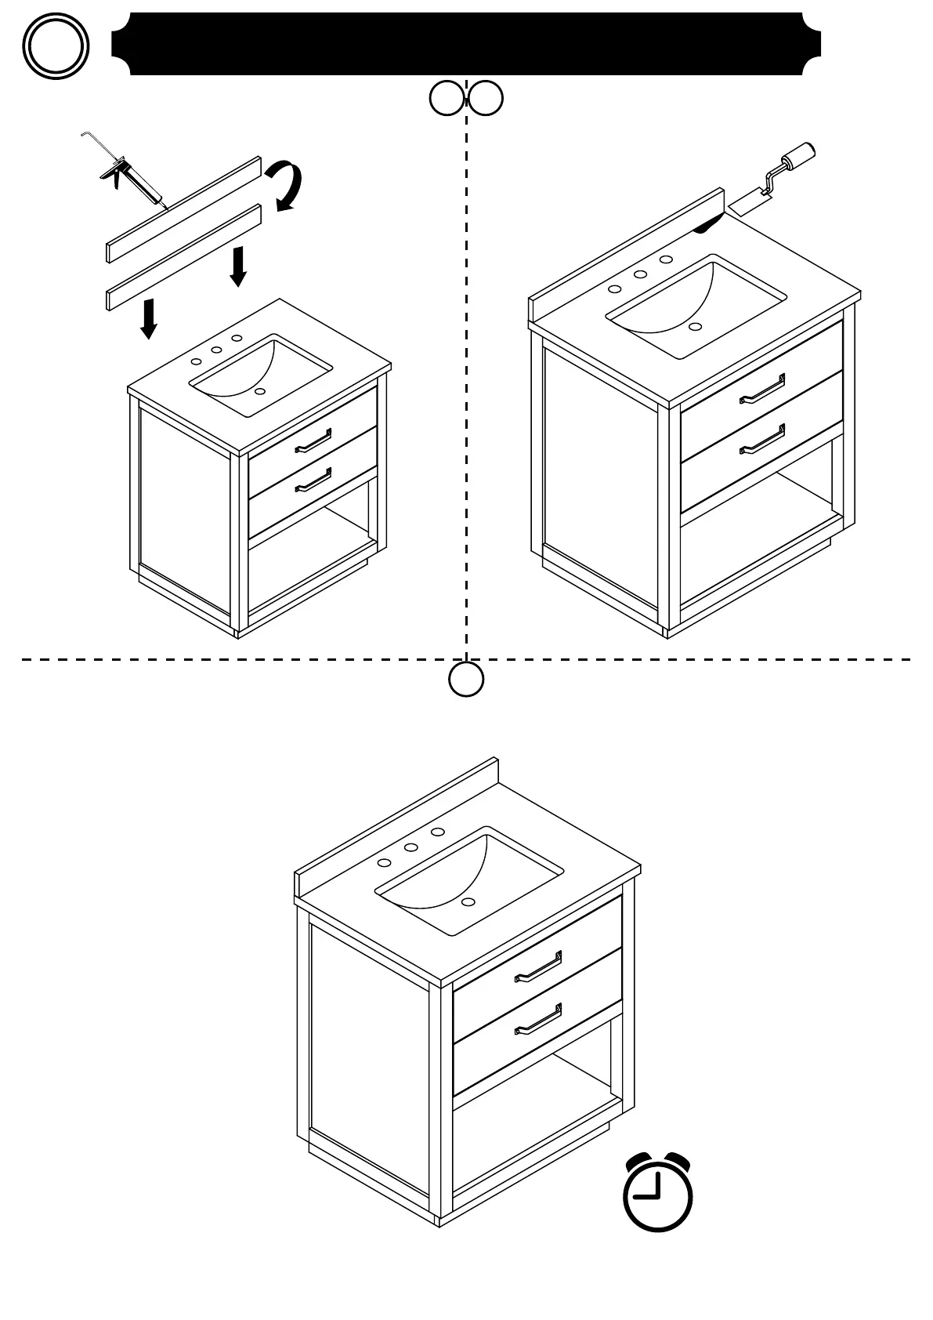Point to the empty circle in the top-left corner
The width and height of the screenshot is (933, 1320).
pos(55,46)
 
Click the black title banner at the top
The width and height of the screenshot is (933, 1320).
pos(466,44)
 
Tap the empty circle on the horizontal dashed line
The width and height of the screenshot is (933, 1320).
pos(466,679)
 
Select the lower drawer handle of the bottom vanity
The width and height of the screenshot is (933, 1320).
pos(538,1019)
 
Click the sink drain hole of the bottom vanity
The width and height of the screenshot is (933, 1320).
pos(468,902)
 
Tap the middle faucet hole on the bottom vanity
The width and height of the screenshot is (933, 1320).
pos(410,847)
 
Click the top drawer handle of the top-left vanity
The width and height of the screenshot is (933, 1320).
pos(313,441)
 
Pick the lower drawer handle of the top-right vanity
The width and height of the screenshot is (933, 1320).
pos(762,440)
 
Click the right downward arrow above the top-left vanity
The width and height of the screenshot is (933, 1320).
pos(239,267)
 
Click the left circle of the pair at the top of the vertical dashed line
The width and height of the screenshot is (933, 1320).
pos(447,99)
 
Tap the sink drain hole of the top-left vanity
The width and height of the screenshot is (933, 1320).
pos(261,390)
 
